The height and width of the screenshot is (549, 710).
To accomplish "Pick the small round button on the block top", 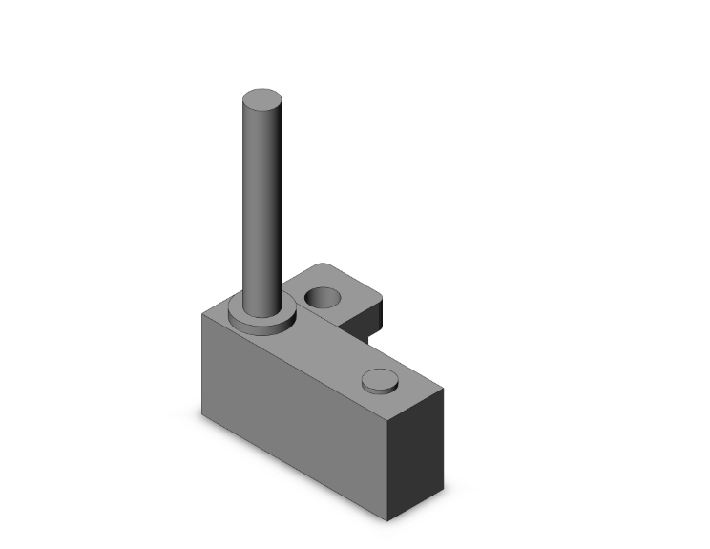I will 379,381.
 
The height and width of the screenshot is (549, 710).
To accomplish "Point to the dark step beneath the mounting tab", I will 366,333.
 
